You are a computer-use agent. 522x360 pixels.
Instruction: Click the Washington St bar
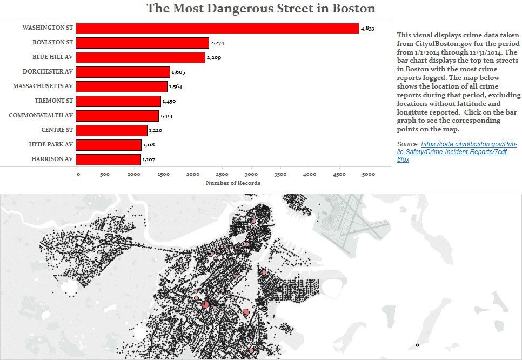click(217, 28)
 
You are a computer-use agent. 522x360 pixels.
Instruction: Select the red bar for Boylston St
click(142, 43)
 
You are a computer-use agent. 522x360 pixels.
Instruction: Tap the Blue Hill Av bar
click(140, 57)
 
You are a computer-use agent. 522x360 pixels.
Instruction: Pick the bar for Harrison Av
click(108, 159)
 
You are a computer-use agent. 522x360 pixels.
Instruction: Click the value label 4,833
click(367, 28)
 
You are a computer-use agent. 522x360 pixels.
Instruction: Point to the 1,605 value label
click(178, 72)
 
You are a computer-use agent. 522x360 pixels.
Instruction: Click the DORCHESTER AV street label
click(48, 71)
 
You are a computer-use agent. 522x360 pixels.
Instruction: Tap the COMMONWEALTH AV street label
click(41, 115)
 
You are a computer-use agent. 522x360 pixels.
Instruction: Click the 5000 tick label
click(368, 174)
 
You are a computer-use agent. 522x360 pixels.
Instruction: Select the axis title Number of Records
click(233, 183)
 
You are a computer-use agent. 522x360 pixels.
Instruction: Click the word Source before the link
click(408, 144)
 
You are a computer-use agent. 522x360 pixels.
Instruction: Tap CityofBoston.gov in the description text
click(443, 43)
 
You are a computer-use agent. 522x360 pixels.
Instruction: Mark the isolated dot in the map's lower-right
click(417, 345)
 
